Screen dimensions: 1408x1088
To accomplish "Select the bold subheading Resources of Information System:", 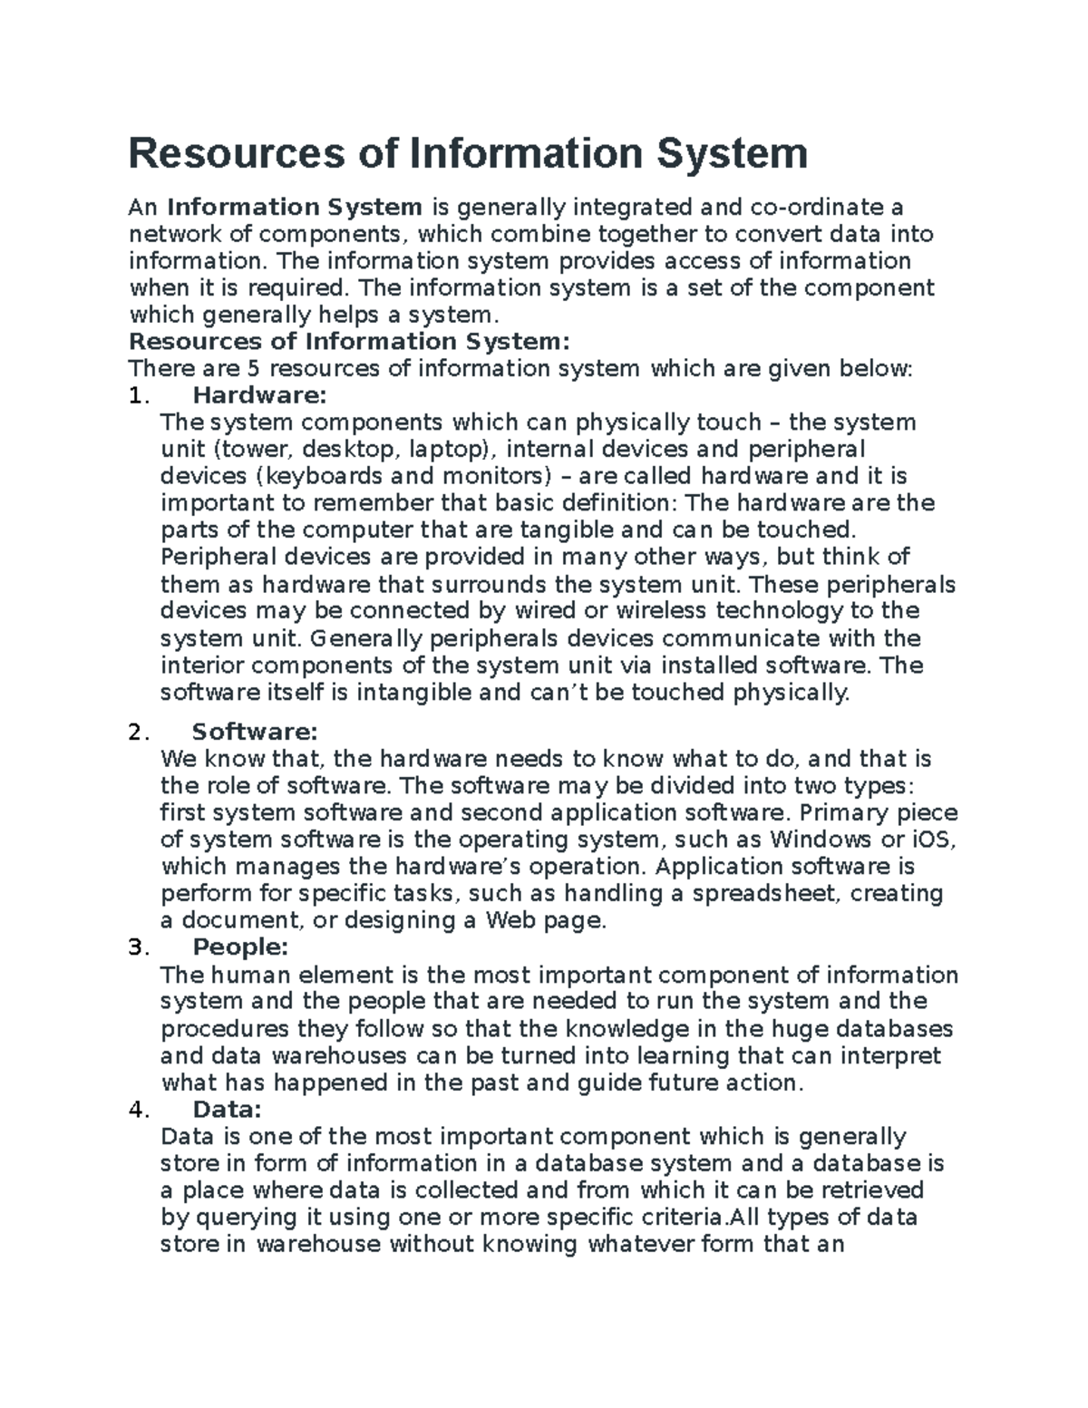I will [x=350, y=342].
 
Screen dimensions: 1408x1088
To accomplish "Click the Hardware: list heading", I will [x=258, y=396].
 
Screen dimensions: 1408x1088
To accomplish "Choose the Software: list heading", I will [x=255, y=732].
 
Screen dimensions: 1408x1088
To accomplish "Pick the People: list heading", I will [x=240, y=947].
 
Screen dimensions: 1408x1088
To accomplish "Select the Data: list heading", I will [x=227, y=1110].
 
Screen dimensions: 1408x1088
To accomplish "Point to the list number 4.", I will [x=137, y=1110].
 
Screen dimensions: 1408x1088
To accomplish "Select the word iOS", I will [x=930, y=840].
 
